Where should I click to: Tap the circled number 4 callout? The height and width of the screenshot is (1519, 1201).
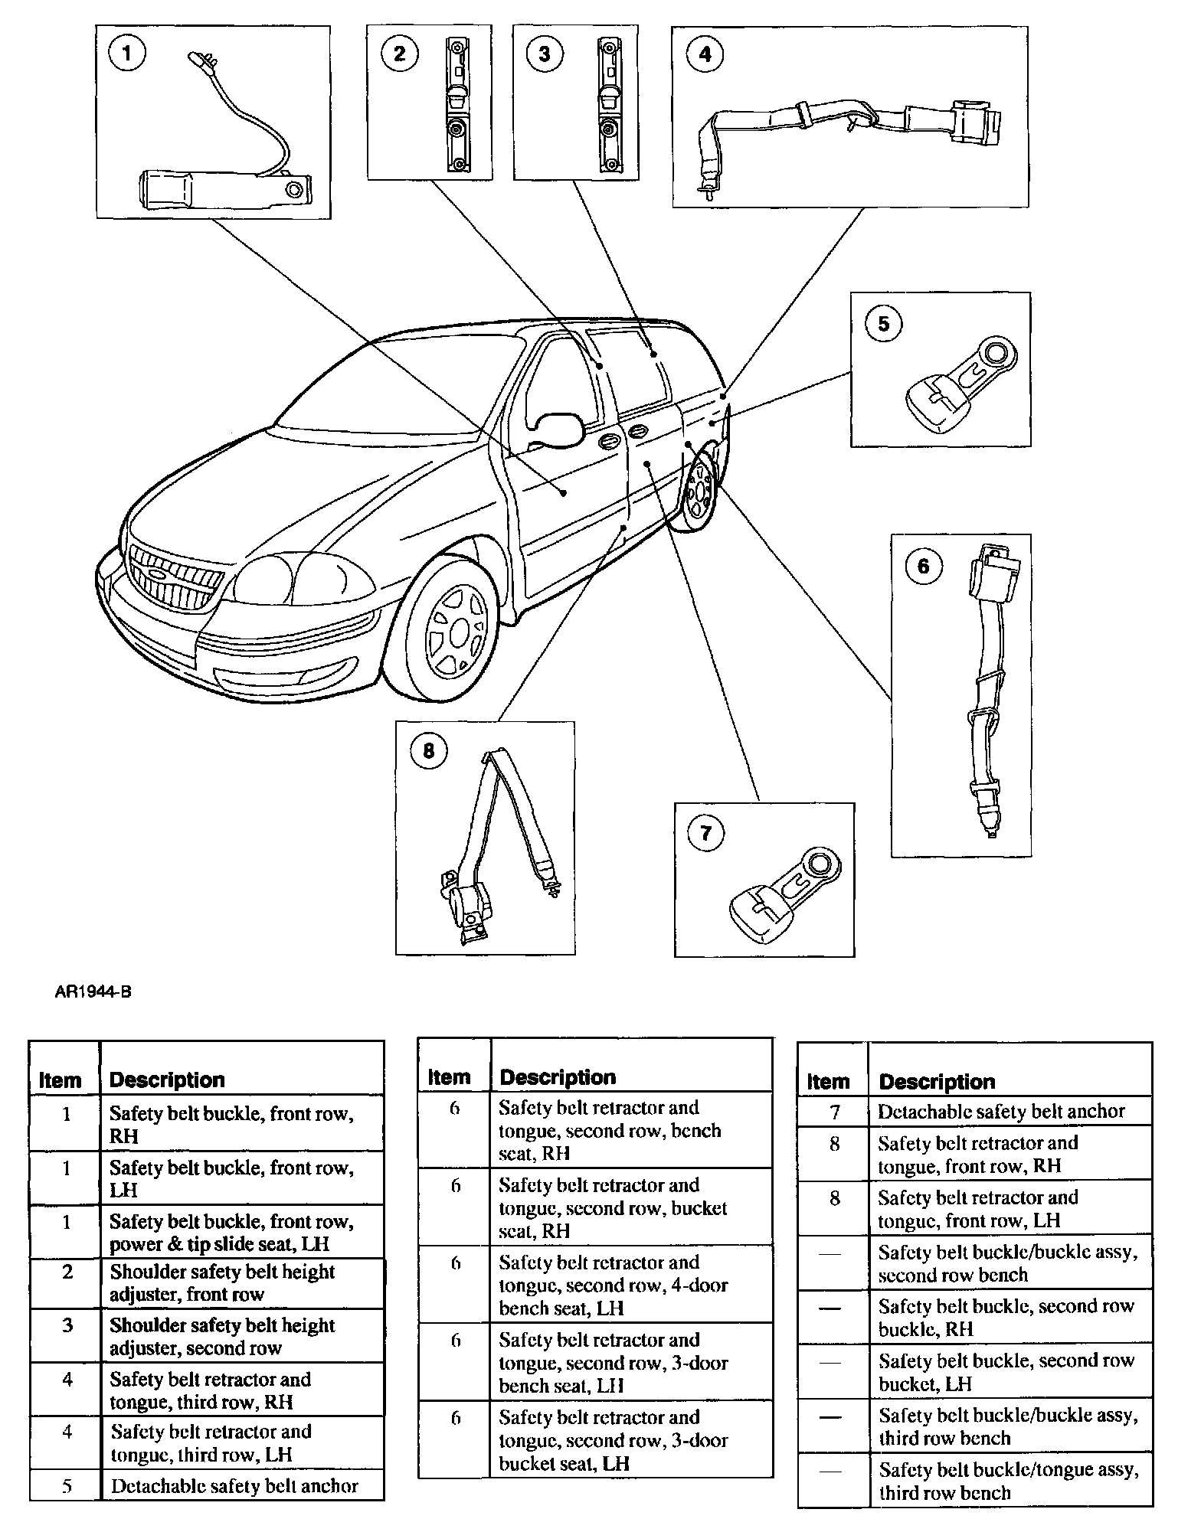pos(705,54)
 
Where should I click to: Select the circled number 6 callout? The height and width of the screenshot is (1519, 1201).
pos(922,566)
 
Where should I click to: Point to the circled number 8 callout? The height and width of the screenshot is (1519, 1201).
pos(428,750)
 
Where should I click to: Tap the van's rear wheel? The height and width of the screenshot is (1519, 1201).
pos(699,492)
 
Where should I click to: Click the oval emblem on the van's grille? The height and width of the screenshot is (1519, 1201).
pos(159,573)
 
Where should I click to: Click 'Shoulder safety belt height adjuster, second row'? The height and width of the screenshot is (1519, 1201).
pos(222,1336)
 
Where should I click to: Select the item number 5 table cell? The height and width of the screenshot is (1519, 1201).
pos(67,1486)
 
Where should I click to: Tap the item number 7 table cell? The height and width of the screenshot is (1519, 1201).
pos(834,1112)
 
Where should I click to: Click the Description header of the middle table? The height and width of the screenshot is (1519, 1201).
pos(557,1077)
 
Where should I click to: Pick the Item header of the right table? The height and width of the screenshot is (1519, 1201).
pos(828,1082)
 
